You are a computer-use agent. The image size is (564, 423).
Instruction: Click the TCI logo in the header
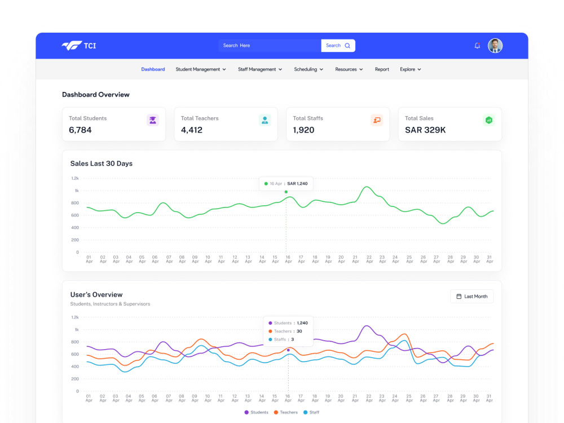(79, 46)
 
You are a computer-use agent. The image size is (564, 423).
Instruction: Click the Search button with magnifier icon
(338, 46)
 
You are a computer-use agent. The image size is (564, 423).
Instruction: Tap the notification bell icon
(477, 46)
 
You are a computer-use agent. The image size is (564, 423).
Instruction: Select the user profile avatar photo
(495, 46)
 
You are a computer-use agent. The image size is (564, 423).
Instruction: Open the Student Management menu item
(201, 69)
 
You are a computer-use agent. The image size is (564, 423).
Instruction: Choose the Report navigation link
(382, 69)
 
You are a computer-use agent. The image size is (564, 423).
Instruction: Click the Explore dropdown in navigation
(411, 69)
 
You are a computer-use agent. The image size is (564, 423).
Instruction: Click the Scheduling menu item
(309, 69)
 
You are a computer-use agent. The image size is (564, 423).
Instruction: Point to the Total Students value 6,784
(80, 130)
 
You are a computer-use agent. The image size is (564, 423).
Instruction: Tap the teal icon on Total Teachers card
(265, 120)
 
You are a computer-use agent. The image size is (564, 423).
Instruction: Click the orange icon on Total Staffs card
(377, 120)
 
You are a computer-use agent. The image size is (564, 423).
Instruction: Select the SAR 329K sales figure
(425, 130)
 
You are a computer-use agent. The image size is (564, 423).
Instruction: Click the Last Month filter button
(472, 297)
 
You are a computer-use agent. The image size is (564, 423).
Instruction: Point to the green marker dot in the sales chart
(286, 192)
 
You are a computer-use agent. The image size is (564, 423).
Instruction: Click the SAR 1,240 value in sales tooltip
(297, 183)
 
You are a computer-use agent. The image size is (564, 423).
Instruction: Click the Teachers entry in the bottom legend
(285, 412)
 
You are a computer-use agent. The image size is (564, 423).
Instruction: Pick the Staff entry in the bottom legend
(311, 412)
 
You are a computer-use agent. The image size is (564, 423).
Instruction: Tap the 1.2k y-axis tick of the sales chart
(75, 178)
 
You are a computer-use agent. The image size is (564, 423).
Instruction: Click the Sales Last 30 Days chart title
(102, 164)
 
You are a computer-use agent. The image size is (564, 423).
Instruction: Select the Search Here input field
(270, 46)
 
